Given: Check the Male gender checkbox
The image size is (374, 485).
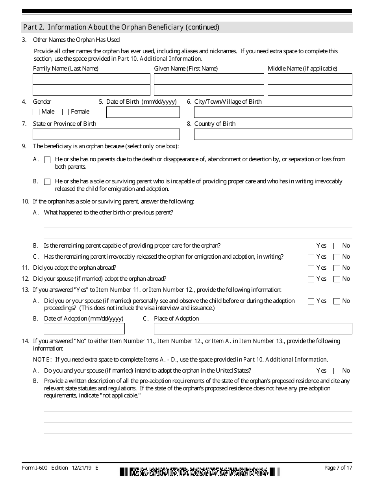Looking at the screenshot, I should coord(36,112).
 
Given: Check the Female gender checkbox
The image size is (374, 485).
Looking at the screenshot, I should coord(65,112).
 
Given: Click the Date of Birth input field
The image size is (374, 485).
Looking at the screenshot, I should coord(143,112).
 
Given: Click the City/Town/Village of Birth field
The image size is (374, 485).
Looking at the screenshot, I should coord(273,112).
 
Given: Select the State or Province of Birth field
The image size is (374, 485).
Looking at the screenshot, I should coord(106,134).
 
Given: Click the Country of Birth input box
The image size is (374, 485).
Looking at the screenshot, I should coord(273,134).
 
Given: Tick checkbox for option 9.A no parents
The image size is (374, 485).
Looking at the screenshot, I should coord(47,160).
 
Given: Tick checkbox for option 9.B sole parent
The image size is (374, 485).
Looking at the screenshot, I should coord(47,182).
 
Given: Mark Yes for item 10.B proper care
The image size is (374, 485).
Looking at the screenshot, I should coord(311,246).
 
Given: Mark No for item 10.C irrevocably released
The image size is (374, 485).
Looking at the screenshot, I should coord(337,257).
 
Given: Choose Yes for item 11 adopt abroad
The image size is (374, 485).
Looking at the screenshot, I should coord(311,268).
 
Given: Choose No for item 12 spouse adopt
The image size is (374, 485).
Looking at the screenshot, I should coord(337,279).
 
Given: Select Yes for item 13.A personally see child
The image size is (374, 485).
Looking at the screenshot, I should coord(311,301).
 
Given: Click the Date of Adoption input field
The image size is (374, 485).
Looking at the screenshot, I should coord(84,329).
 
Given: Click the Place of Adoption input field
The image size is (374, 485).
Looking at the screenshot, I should coord(253,329).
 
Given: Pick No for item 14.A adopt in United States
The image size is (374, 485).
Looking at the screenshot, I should coord(337,371).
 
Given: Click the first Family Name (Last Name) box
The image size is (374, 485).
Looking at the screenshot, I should coord(91,79).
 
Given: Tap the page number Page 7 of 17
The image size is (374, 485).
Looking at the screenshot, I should coord(338,468).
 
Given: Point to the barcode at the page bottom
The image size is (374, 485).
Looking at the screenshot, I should coord(200,472).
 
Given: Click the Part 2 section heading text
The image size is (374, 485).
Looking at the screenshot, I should coord(121,27).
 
